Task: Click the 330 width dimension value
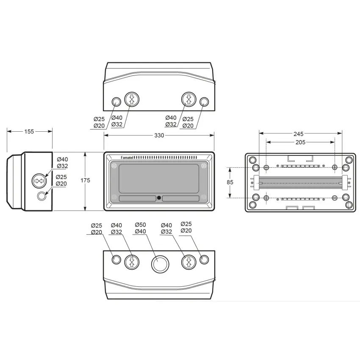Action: tap(159, 135)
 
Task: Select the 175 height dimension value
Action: tap(85, 180)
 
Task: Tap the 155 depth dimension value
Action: tap(29, 132)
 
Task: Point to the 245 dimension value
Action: tap(298, 134)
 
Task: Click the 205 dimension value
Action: tap(300, 142)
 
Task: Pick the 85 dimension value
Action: tap(230, 182)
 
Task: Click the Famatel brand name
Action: tap(127, 158)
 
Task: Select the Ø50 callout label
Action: tap(140, 224)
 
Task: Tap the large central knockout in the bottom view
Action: tap(160, 264)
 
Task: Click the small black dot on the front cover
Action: tap(159, 198)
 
